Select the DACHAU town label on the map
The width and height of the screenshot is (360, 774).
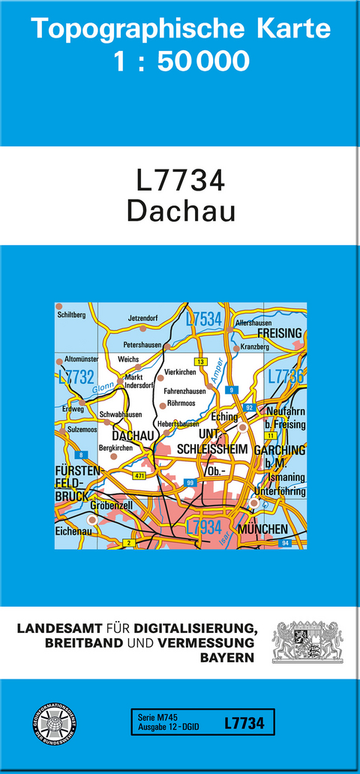(132, 436)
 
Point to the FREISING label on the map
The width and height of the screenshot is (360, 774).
(279, 333)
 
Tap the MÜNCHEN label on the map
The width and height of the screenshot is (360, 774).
(262, 530)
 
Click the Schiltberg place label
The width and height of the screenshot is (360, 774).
(71, 315)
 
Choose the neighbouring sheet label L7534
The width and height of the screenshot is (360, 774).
(203, 320)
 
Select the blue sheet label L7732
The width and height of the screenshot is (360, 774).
(74, 377)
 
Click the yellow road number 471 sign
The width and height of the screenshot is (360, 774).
(138, 476)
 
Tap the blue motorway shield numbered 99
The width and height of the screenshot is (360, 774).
(190, 482)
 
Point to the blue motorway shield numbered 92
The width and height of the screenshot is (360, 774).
(250, 407)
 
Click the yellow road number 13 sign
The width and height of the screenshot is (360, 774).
(199, 362)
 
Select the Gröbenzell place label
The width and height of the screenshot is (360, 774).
(112, 505)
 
